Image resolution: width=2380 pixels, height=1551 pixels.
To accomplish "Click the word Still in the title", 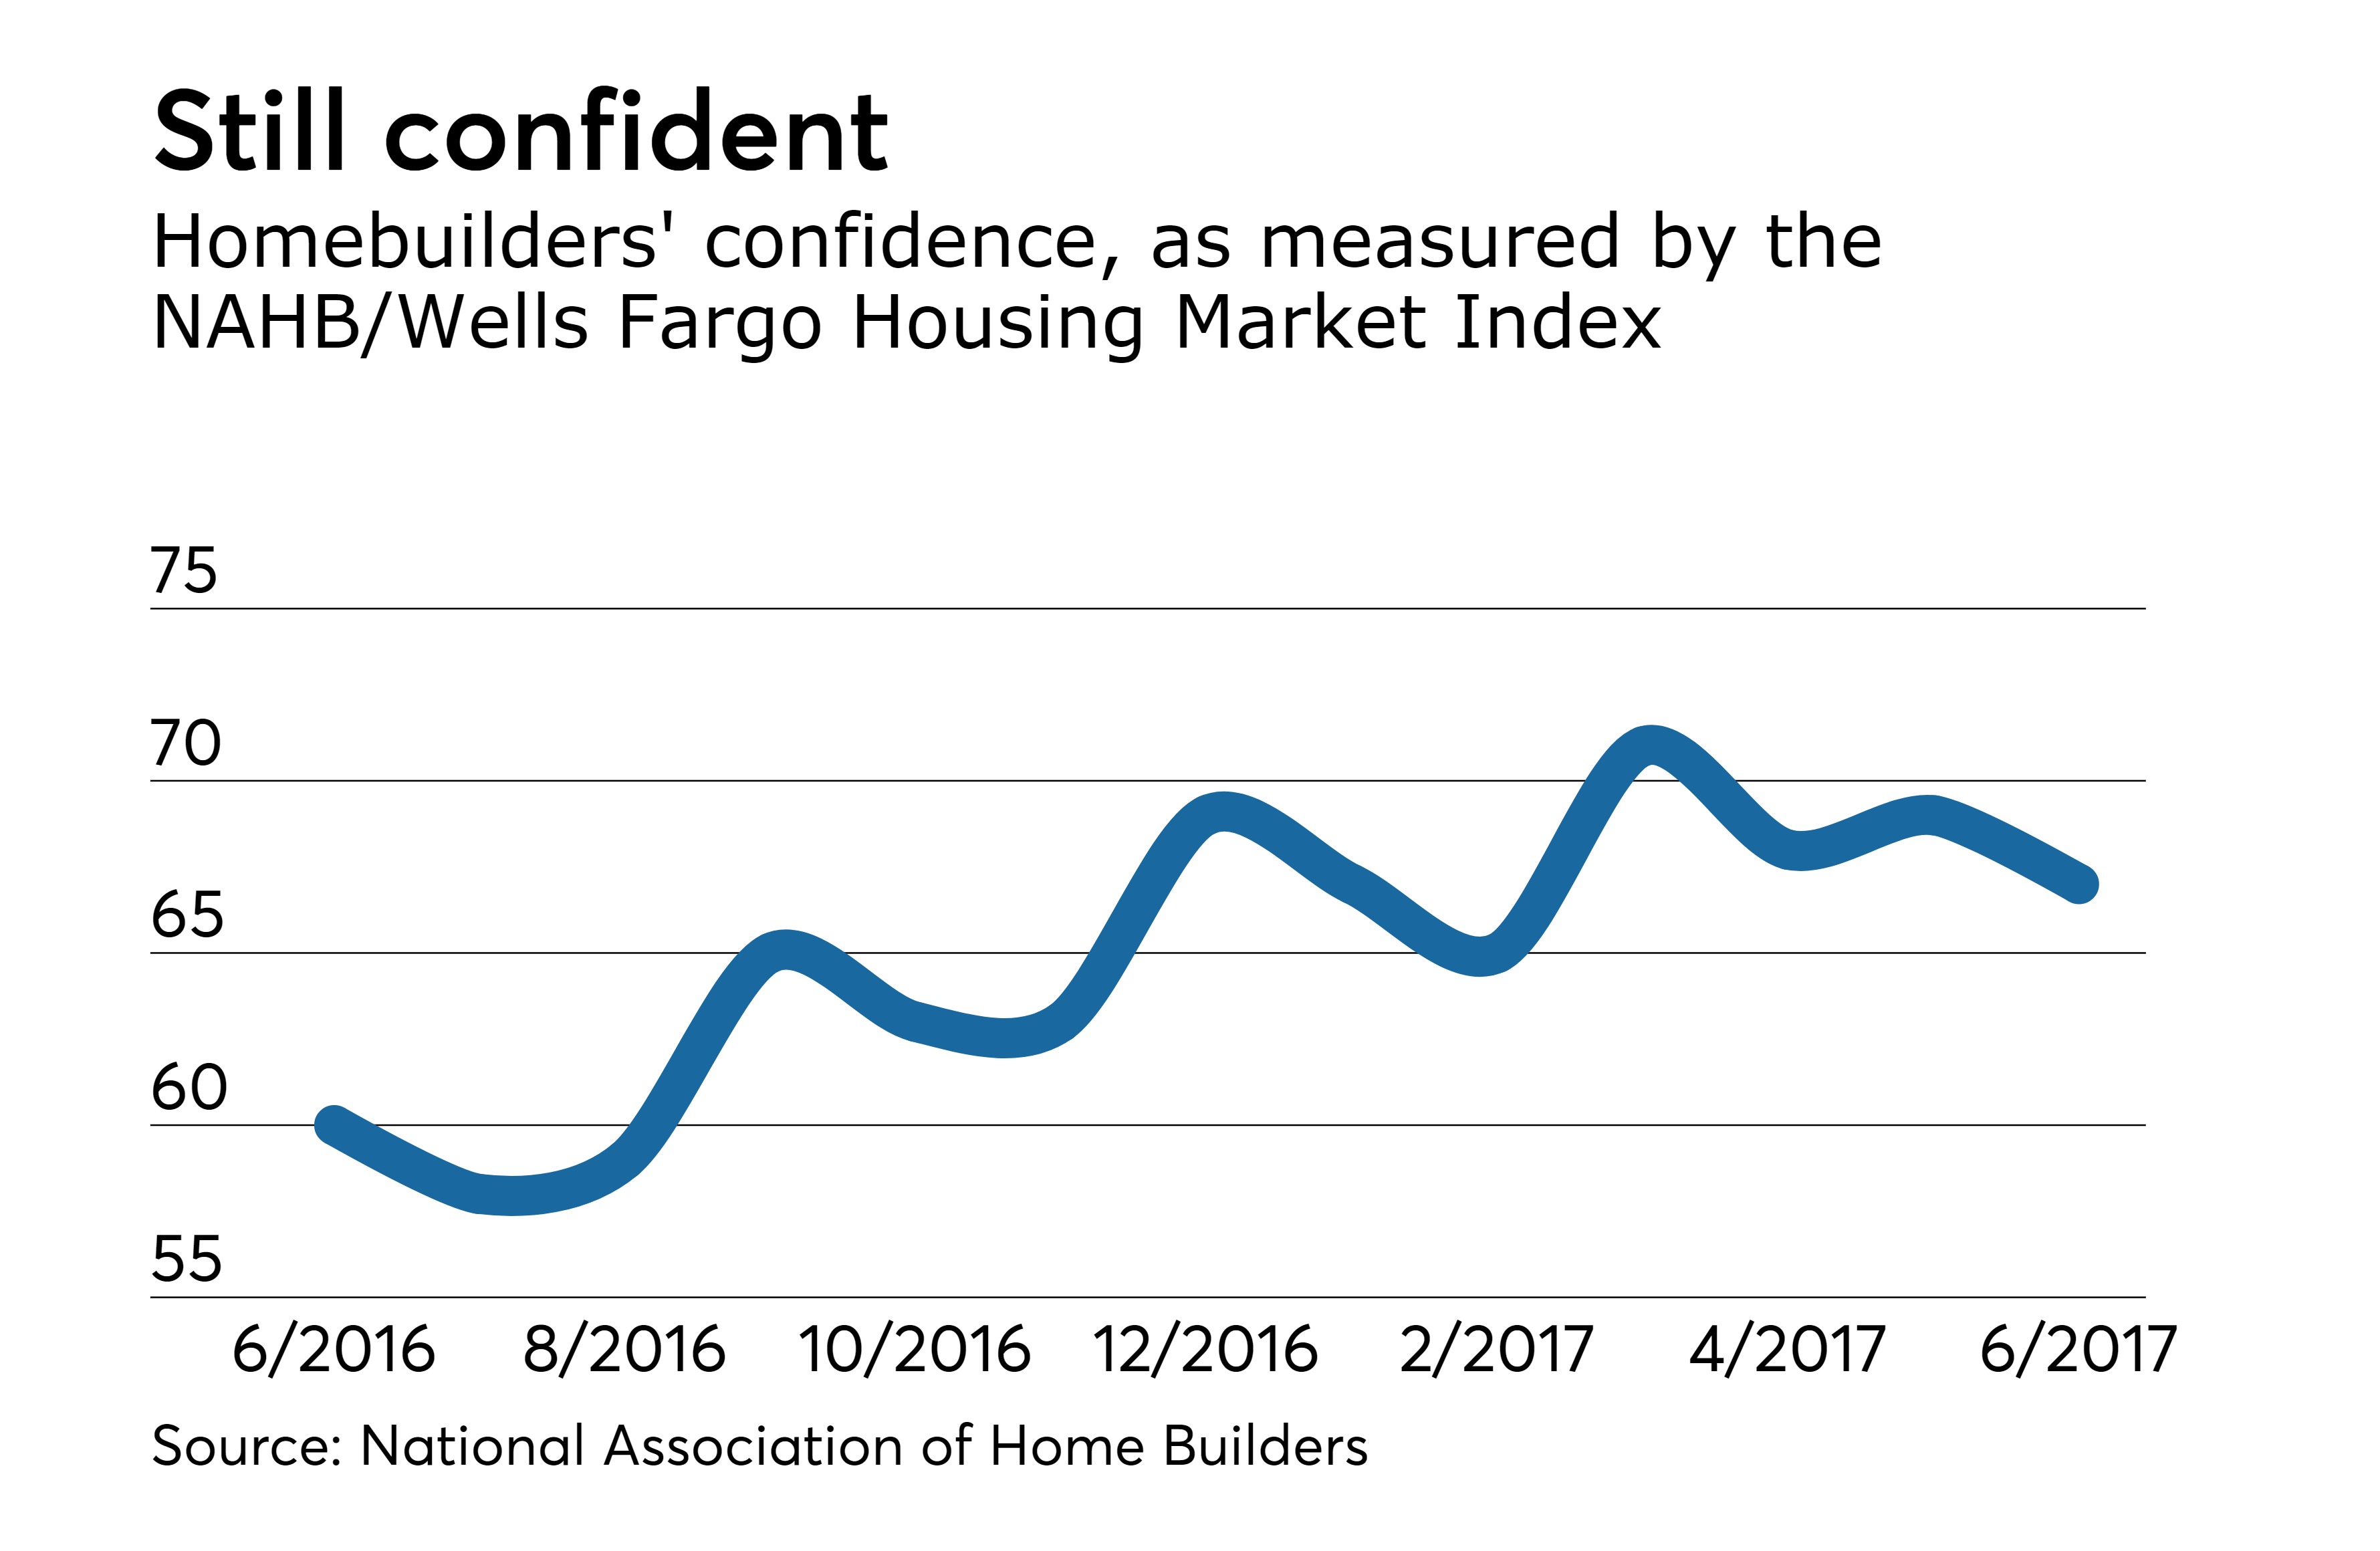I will click(250, 131).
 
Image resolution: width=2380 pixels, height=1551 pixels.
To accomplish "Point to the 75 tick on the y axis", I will click(184, 571).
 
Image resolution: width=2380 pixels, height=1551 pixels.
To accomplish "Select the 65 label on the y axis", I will click(187, 915).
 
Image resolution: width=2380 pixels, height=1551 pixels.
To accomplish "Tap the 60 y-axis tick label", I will click(189, 1087).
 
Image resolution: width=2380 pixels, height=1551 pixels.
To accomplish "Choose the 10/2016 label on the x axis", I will click(914, 1349).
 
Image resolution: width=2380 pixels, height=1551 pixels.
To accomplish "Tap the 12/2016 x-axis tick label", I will click(1205, 1349).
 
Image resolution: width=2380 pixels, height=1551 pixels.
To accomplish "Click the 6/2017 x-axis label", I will click(2078, 1349).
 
